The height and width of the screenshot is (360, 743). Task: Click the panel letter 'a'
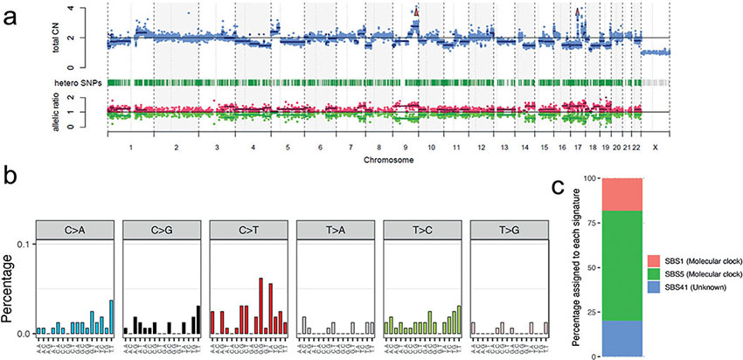tap(11, 13)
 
